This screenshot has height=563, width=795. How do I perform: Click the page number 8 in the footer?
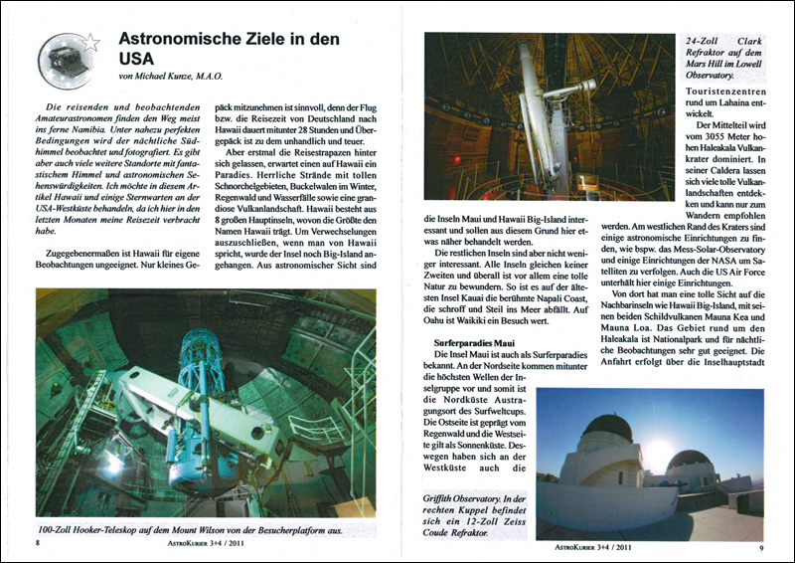click(x=38, y=544)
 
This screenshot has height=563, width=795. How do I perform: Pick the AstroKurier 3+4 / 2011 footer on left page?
click(x=210, y=544)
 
